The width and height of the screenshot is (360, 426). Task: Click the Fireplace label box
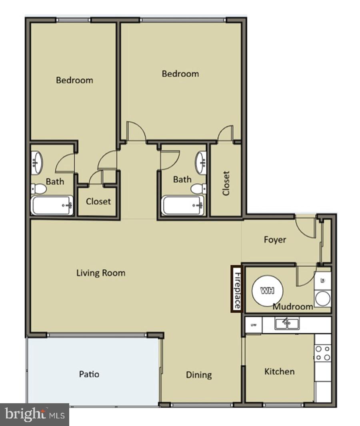[x=236, y=289]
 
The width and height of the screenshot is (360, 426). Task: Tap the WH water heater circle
[x=267, y=291]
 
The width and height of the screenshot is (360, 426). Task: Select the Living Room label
[x=101, y=273]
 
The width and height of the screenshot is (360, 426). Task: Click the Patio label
[x=89, y=374]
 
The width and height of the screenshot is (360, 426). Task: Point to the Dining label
[x=199, y=375]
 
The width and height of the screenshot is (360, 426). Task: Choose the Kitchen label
[x=279, y=372]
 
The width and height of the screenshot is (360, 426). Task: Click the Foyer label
[x=275, y=240]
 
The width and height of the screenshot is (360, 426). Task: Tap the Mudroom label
[x=293, y=307]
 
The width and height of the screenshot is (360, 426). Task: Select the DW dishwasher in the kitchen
[x=253, y=324]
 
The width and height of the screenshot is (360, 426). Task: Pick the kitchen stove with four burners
[x=322, y=353]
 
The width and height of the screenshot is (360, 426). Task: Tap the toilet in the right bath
[x=198, y=189]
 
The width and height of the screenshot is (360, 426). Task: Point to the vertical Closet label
[x=226, y=183]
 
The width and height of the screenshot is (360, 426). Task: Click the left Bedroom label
[x=74, y=80]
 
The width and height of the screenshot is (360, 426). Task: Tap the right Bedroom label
[x=180, y=74]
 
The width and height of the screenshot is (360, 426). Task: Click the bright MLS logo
[x=34, y=414]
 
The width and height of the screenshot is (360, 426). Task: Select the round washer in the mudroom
[x=322, y=298]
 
